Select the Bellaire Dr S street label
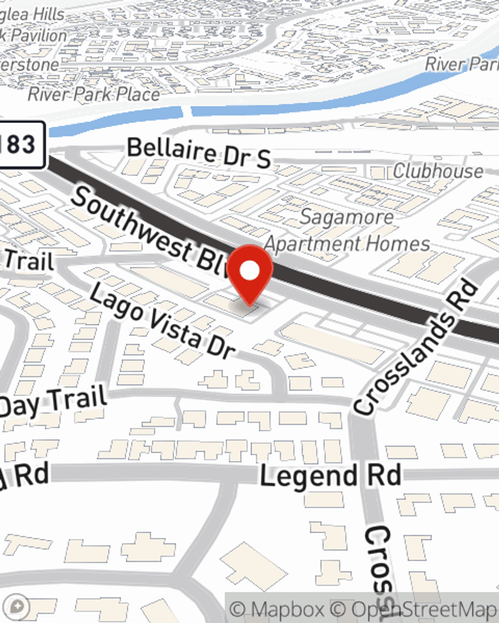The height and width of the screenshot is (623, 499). click(199, 152)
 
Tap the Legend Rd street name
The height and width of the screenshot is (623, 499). click(330, 476)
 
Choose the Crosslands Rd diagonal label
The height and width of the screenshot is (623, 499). click(417, 349)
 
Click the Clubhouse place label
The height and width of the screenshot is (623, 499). click(438, 171)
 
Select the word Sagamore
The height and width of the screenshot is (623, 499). click(346, 217)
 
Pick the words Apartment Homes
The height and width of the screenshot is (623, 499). click(347, 244)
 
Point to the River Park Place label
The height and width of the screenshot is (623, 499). click(94, 94)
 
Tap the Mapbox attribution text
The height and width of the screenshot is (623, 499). click(277, 609)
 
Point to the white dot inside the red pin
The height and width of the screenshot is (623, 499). click(250, 271)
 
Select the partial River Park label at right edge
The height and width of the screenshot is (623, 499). click(462, 64)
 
